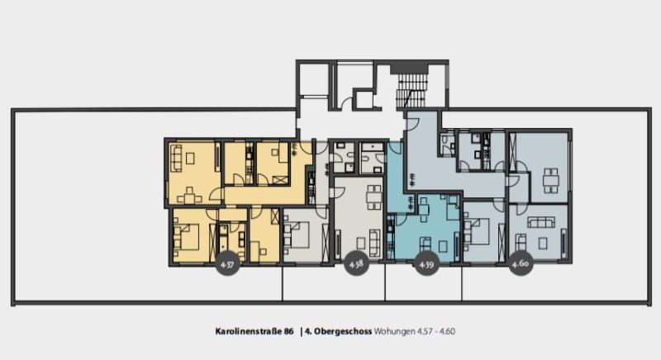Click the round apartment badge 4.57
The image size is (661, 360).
[228, 264]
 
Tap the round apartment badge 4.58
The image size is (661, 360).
[356, 264]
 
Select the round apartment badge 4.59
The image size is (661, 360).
[426, 264]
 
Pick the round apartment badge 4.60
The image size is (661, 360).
[521, 263]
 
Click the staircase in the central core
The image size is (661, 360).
[413, 92]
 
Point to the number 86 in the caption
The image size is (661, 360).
[288, 331]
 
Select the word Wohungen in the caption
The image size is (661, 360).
[394, 332]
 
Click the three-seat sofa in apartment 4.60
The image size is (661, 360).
[541, 222]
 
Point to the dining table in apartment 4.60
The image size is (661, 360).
[550, 180]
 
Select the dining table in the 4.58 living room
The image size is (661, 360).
[374, 197]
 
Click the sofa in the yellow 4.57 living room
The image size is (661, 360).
[176, 158]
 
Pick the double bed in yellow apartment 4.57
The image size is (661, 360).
[187, 238]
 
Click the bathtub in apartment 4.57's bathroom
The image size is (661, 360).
[222, 242]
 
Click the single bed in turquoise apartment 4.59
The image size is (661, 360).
[452, 207]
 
